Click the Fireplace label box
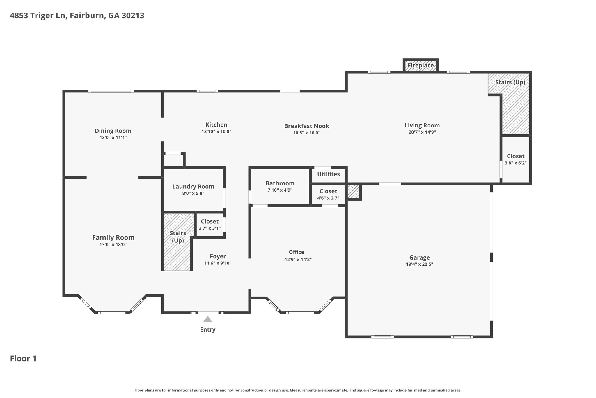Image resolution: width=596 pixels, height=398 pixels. (421, 66)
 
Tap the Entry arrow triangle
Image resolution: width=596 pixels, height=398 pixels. (207, 320)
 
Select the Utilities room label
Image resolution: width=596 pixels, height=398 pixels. (328, 174)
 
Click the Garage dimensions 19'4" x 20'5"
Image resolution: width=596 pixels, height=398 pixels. (419, 264)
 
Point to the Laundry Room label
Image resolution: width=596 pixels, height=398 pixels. (193, 187)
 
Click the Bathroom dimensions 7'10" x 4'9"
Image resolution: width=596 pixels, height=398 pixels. (280, 190)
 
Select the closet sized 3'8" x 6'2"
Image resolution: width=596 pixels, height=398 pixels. (515, 159)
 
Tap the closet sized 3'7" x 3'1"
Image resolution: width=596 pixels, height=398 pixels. (210, 225)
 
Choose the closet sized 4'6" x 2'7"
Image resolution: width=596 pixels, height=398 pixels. (328, 194)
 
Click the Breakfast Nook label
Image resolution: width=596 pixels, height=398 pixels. (306, 126)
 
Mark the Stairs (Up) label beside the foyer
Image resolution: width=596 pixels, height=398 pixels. (178, 237)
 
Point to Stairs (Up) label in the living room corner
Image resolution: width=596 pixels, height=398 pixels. (510, 82)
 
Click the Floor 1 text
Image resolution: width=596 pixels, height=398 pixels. (23, 358)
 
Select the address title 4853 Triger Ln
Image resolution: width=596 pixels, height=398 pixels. (77, 15)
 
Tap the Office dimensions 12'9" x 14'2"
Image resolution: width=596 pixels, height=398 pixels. (298, 260)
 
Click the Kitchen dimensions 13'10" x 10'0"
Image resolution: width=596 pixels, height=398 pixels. (216, 132)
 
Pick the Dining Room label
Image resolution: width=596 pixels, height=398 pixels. (113, 131)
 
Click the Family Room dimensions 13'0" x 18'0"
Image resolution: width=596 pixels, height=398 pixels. (113, 245)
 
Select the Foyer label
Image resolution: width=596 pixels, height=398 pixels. (218, 256)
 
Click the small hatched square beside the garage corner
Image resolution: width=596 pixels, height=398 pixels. (353, 192)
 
